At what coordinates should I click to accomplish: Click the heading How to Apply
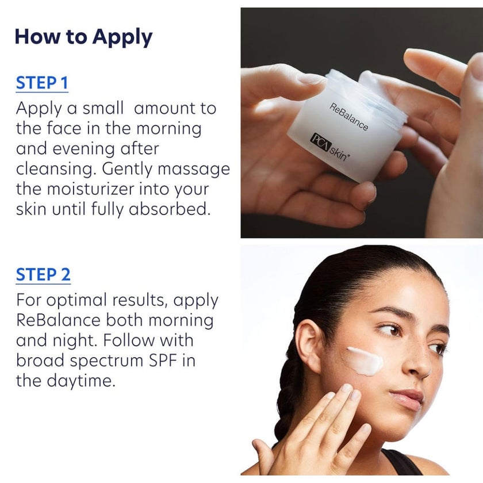pos(83,37)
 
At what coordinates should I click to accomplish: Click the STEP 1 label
pos(42,83)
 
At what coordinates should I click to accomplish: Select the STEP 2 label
pos(43,275)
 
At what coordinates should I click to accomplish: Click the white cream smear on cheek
pos(365,361)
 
